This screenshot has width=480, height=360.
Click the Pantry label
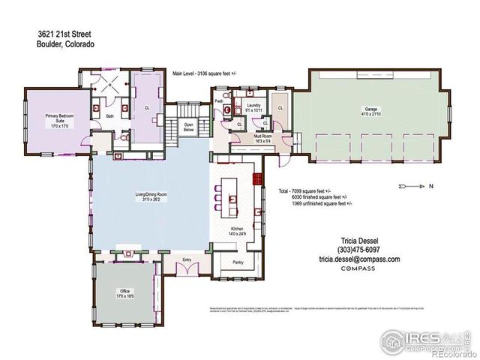(x=238, y=262)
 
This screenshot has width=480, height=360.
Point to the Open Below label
(x=189, y=127)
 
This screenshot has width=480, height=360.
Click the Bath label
(x=109, y=116)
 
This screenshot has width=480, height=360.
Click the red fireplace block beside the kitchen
(x=256, y=180)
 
